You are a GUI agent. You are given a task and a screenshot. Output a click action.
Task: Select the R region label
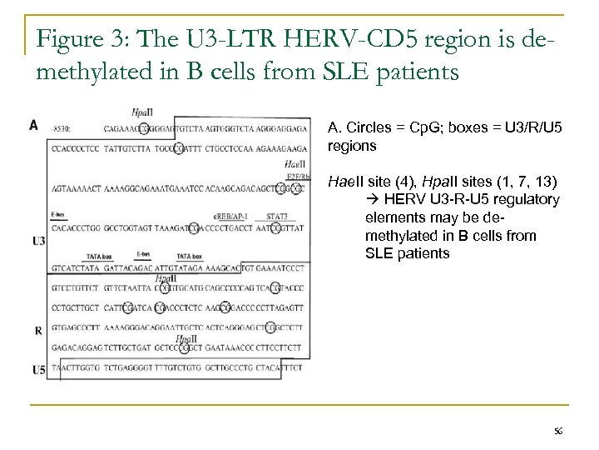(x=38, y=330)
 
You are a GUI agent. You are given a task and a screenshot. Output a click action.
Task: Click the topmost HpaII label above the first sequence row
(x=141, y=114)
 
